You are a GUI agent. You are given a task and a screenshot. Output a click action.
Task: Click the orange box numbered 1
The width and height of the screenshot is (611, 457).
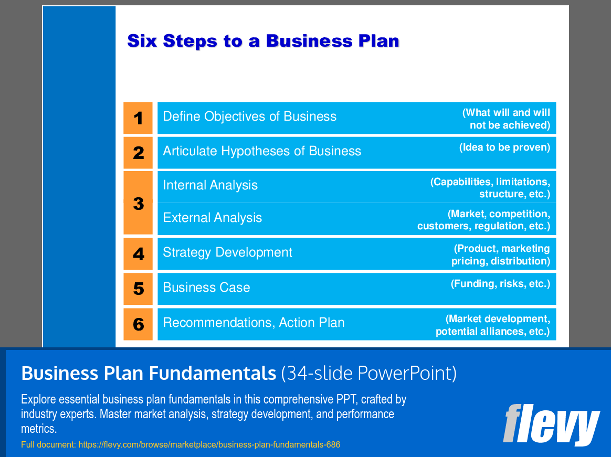click(x=138, y=118)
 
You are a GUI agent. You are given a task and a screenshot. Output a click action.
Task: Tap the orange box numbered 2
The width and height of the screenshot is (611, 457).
click(x=138, y=153)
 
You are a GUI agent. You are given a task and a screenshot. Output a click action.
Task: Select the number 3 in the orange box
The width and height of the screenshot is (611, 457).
click(x=139, y=204)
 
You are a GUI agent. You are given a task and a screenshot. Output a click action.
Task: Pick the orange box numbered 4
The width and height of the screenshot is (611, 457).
click(x=138, y=254)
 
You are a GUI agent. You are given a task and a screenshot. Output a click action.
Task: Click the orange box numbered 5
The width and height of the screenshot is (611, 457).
click(x=138, y=289)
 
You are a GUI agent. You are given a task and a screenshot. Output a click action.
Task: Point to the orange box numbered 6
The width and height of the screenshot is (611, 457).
click(x=138, y=324)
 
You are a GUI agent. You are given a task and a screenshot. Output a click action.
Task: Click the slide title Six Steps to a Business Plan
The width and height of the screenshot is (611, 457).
click(x=264, y=41)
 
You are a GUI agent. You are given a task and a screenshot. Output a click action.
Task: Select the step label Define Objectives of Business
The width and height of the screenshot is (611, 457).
click(x=249, y=116)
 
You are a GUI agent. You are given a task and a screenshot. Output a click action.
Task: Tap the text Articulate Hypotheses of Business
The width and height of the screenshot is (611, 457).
click(x=262, y=151)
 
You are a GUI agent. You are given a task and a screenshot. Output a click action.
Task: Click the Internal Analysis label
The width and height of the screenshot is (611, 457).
click(x=210, y=185)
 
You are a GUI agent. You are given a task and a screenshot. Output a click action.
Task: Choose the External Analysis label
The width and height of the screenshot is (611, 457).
click(x=213, y=217)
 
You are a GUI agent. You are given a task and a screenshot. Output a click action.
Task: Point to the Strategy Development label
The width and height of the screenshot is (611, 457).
click(x=227, y=252)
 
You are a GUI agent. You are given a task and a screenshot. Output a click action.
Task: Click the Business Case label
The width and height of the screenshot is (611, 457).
click(x=206, y=288)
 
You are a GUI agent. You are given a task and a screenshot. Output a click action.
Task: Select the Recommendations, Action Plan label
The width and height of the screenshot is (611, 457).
click(x=254, y=323)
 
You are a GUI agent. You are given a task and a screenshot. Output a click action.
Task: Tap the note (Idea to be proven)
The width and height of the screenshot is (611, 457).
click(x=504, y=147)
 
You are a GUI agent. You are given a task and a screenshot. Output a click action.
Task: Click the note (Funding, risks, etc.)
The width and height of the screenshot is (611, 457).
click(x=500, y=284)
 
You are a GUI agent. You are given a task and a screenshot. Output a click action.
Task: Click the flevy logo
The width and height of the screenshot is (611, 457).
click(x=551, y=424)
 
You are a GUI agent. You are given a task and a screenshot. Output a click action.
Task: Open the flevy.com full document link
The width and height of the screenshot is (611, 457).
click(x=209, y=444)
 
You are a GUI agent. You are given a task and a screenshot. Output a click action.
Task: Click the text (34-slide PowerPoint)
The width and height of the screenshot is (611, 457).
click(x=368, y=373)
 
